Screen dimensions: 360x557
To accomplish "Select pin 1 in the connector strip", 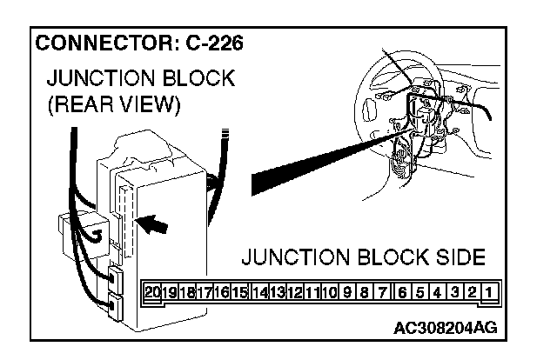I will click(491, 292).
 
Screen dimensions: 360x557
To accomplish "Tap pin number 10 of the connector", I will click(329, 292).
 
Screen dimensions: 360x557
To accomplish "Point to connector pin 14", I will click(258, 292).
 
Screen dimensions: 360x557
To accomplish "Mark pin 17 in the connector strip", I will click(205, 292).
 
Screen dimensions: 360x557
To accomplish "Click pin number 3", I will click(455, 292).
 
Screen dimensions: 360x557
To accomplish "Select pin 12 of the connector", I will click(294, 292).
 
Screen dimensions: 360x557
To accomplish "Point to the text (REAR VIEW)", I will click(113, 106).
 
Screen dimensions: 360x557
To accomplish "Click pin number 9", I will click(347, 292).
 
